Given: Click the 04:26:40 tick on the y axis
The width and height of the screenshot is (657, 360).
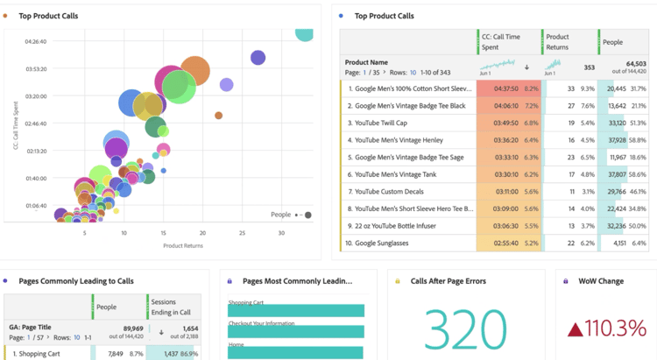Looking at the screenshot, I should (x=36, y=41).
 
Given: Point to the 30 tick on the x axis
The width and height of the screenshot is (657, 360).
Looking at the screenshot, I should (x=281, y=233).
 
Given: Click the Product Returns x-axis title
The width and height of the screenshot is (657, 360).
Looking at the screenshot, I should (x=184, y=246).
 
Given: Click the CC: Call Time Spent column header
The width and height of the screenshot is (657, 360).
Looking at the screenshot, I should (x=508, y=41).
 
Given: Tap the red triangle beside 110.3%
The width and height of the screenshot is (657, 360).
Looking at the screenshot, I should (x=575, y=329).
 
